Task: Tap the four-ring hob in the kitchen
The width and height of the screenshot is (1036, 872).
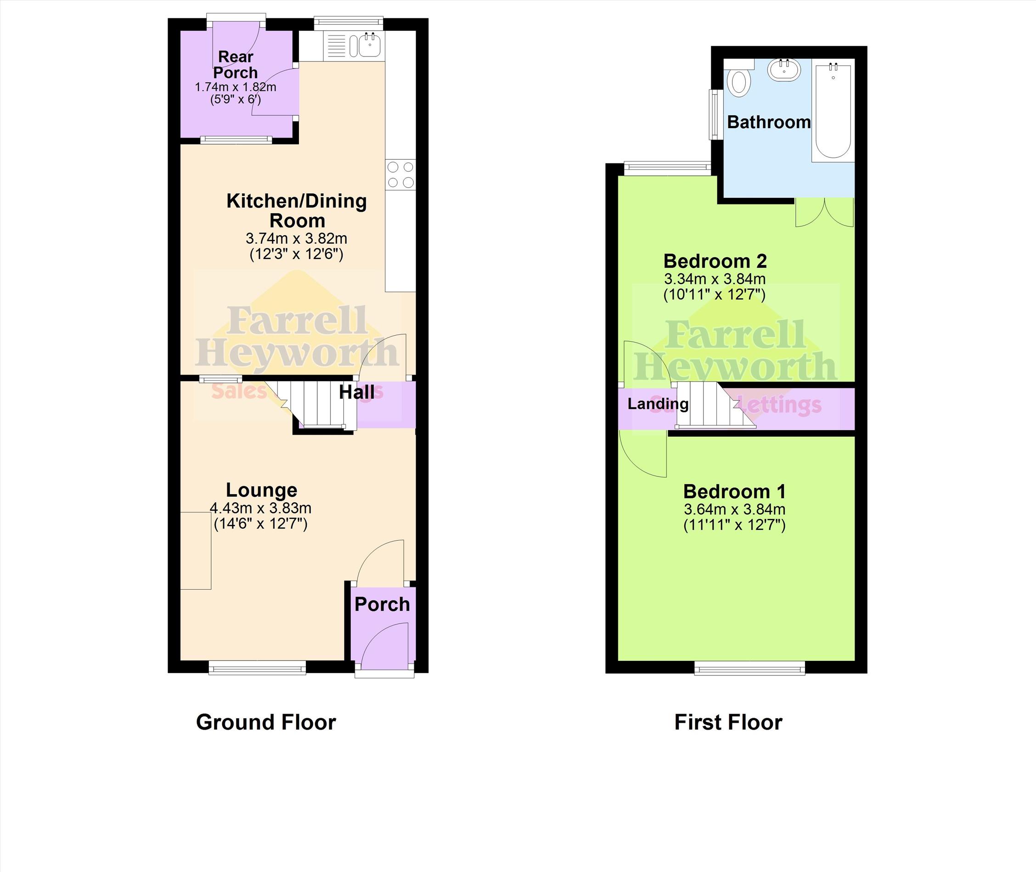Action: tap(400, 174)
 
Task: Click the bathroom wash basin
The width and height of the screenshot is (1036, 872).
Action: tap(784, 70)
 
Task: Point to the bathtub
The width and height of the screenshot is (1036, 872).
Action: tap(833, 110)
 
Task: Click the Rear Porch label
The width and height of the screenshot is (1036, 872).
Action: tap(236, 65)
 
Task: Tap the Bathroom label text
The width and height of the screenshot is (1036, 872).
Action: tap(769, 122)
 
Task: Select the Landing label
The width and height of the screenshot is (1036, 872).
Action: tap(658, 404)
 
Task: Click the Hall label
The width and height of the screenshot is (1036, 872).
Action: tap(357, 393)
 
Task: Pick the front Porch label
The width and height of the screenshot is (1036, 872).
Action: tap(382, 604)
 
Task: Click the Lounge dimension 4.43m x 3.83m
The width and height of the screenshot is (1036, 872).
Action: tap(260, 508)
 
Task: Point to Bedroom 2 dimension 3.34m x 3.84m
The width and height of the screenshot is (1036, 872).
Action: tap(715, 279)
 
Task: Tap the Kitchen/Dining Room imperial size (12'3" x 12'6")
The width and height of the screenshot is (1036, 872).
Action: tap(296, 254)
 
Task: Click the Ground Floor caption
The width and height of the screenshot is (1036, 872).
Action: tap(266, 722)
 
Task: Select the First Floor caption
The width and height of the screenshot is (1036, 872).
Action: tap(728, 722)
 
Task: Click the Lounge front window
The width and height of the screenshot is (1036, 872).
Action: tap(257, 668)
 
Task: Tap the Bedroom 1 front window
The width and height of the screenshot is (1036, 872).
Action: tap(750, 668)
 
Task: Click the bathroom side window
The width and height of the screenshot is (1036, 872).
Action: tap(714, 114)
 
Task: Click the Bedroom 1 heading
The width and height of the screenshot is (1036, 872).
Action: tap(734, 491)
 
